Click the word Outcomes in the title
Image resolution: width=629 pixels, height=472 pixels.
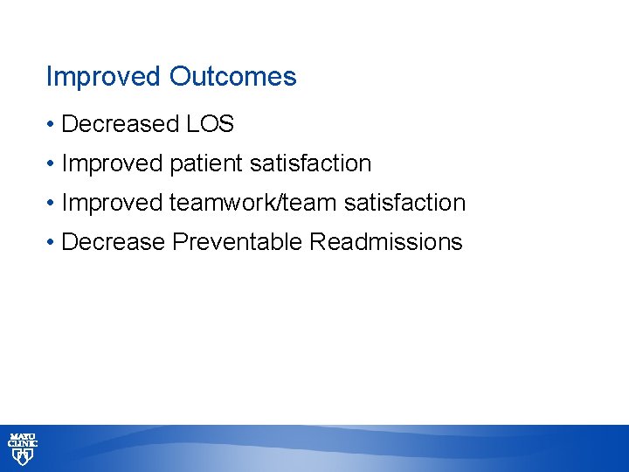(233, 77)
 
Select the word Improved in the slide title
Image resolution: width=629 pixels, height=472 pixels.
(104, 77)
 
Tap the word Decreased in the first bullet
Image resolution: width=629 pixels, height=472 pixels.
(121, 124)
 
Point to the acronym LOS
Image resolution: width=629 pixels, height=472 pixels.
(211, 124)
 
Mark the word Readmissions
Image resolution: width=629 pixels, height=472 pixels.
(386, 242)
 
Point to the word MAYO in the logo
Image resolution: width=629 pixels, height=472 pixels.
(23, 436)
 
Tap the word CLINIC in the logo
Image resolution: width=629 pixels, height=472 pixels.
(23, 444)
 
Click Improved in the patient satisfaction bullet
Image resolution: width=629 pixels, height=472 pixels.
(113, 163)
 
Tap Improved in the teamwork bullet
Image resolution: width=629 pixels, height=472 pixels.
(113, 203)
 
